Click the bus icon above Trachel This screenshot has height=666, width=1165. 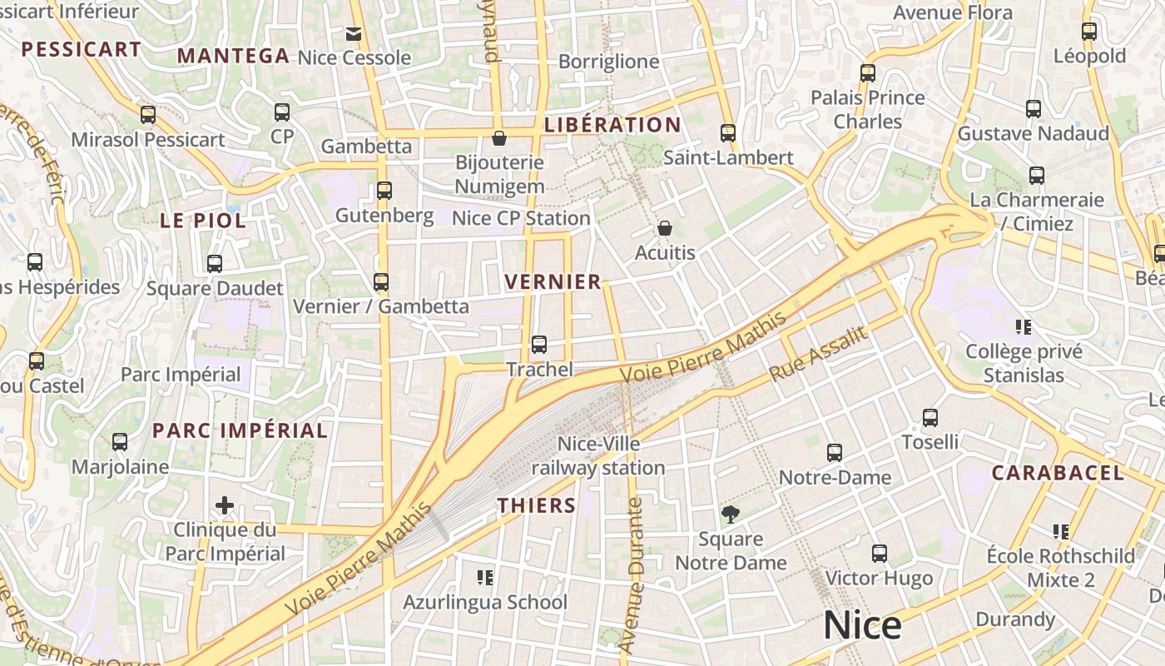click(538, 344)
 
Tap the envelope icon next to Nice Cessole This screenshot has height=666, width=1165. click(354, 33)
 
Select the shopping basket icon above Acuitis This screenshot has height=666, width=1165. click(664, 228)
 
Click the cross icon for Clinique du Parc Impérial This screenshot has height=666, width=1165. click(224, 505)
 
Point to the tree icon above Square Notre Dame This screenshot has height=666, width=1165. click(730, 514)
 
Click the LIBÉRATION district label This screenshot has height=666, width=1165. click(612, 126)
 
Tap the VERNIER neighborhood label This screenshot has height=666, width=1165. click(553, 282)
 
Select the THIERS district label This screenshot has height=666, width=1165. click(537, 505)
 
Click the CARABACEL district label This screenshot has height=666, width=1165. click(1058, 473)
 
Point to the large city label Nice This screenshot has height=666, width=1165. click(862, 625)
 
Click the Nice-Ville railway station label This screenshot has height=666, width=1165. click(598, 456)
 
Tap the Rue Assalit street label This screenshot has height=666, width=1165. click(819, 354)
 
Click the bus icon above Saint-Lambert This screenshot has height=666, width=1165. click(728, 132)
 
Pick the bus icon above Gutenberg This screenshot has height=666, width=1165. click(384, 191)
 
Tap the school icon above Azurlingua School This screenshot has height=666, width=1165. click(485, 577)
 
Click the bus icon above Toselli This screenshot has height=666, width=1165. click(930, 418)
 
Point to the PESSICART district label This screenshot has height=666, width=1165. click(82, 50)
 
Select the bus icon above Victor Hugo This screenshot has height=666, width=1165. click(879, 554)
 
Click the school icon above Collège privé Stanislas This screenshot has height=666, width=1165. click(1024, 327)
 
